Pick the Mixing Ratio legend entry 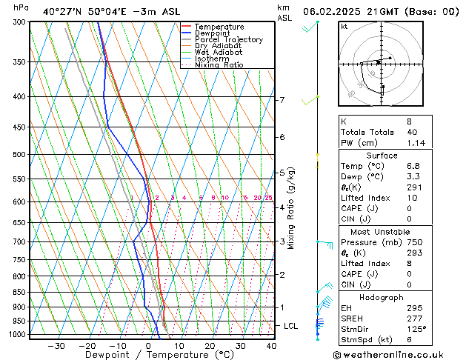point(219,64)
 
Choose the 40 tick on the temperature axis point(271,346)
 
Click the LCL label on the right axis point(291,326)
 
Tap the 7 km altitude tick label point(282,100)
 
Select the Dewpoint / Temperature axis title point(148,356)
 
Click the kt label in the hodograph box point(344,26)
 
